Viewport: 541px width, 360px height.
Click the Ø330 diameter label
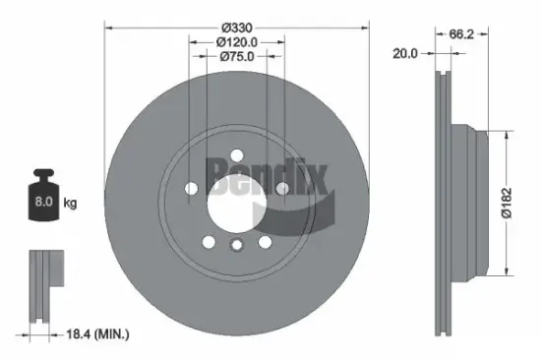[x=236, y=25]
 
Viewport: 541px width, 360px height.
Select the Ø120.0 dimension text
[x=236, y=42]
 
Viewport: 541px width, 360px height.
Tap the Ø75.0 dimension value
[x=236, y=58]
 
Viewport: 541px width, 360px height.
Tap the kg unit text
[x=69, y=205]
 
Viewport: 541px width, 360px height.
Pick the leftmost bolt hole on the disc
[x=190, y=187]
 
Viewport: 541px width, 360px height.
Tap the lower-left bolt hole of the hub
[x=207, y=241]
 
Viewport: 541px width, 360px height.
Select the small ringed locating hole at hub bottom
[x=235, y=247]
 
